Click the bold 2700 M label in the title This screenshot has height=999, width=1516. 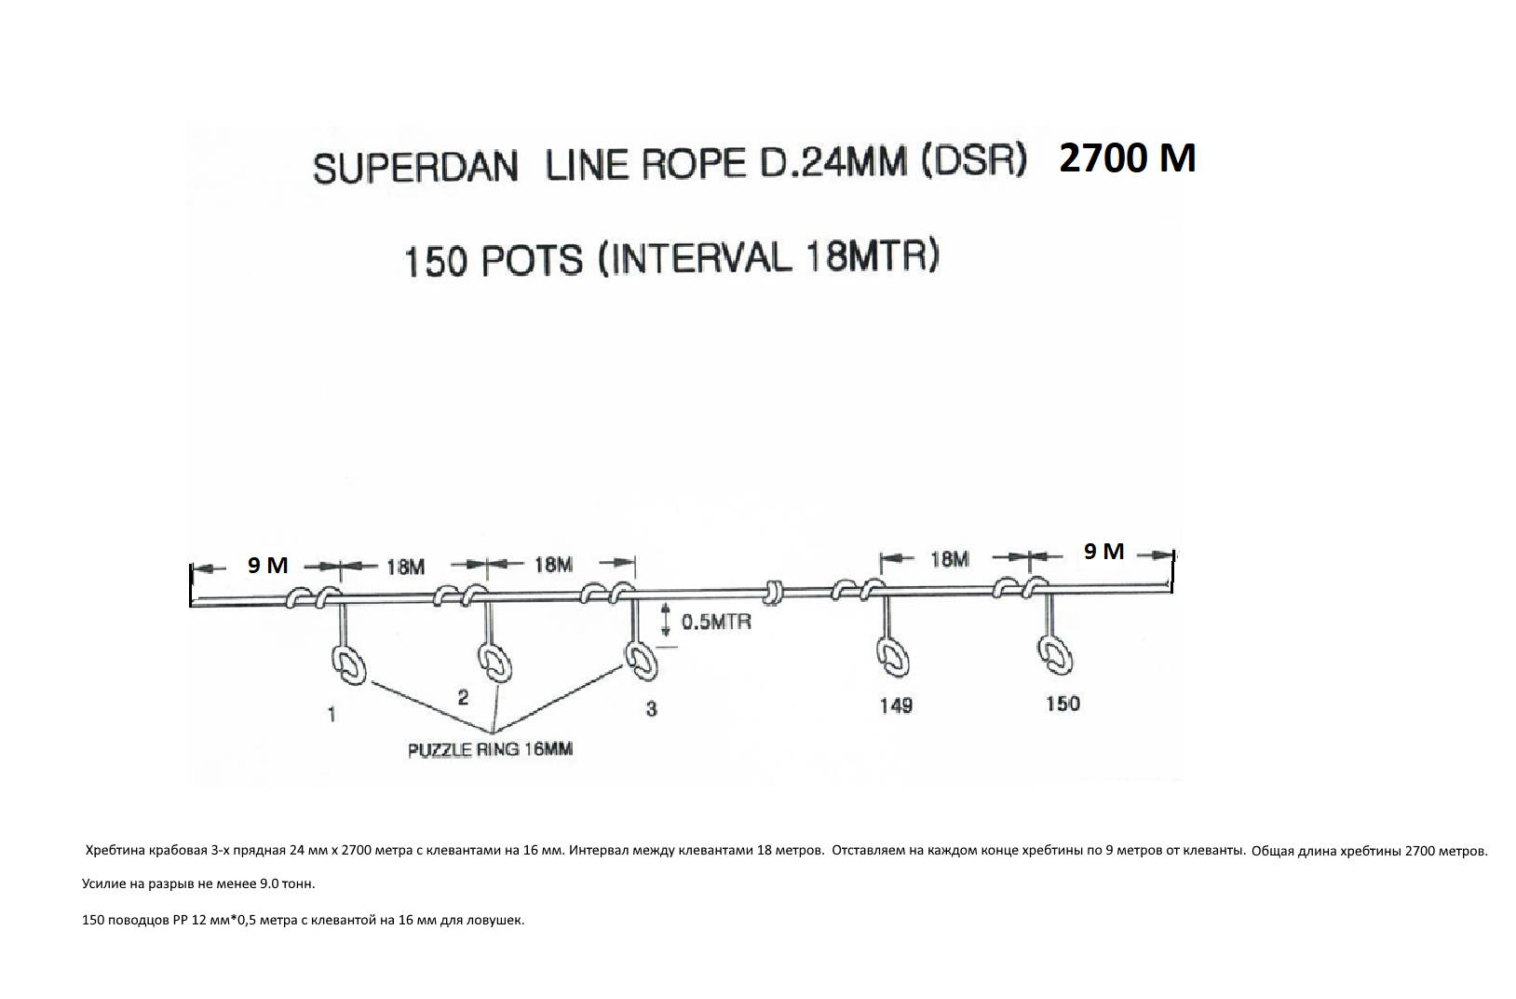(x=1127, y=158)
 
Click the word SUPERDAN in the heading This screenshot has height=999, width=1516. (x=415, y=169)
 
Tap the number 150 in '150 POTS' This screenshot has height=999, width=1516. (x=434, y=262)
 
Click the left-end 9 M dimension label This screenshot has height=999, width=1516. (x=267, y=565)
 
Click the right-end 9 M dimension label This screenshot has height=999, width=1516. (x=1104, y=552)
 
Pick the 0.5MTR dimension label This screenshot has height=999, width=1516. (x=716, y=622)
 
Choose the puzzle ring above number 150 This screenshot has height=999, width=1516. (x=1053, y=654)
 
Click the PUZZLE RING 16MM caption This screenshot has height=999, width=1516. (x=490, y=749)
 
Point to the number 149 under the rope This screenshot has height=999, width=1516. (x=895, y=705)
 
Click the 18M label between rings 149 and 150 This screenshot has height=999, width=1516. (x=949, y=558)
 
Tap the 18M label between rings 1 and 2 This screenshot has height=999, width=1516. (x=405, y=566)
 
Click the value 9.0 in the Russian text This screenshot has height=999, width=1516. (x=272, y=883)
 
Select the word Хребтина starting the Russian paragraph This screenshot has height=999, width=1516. (x=115, y=850)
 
